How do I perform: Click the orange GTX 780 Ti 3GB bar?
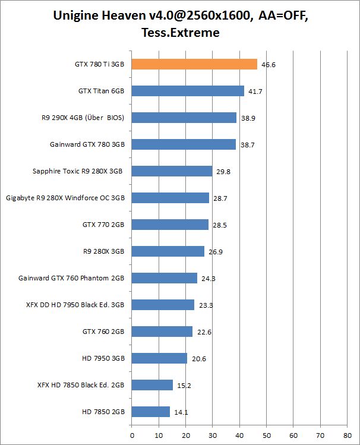click(194, 64)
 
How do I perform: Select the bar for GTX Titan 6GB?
click(188, 91)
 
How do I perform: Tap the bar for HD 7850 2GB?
click(151, 411)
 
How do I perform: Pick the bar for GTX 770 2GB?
click(170, 225)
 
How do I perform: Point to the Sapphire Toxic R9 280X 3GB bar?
click(172, 171)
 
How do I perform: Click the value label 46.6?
click(269, 65)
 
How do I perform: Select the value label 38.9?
click(248, 118)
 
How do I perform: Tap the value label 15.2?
click(184, 385)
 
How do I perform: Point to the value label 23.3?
click(206, 305)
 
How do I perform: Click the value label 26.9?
click(216, 252)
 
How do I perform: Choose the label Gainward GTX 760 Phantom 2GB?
click(71, 278)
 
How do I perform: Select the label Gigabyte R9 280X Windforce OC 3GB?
click(65, 198)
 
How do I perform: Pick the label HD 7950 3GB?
click(103, 358)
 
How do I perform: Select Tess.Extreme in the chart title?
click(181, 33)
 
